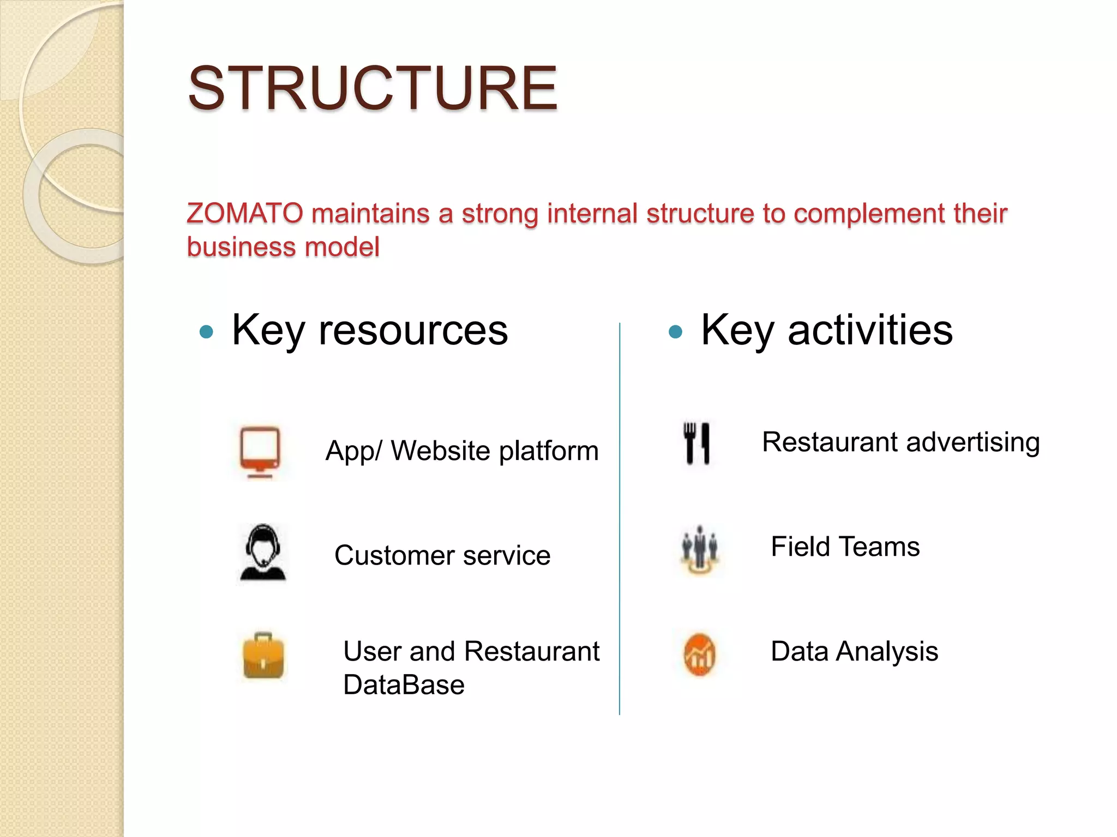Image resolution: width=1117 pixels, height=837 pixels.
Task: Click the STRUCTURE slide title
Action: click(x=373, y=88)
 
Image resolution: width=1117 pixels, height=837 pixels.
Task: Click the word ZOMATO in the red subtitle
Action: click(x=245, y=213)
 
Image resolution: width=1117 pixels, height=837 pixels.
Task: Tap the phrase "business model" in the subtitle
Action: click(x=283, y=247)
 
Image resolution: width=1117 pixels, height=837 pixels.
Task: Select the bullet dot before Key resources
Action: click(x=206, y=331)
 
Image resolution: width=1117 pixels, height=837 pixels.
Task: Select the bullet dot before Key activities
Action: click(x=675, y=331)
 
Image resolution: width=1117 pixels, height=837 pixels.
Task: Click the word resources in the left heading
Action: click(x=413, y=330)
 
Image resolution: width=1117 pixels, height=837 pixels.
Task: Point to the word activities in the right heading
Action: click(x=870, y=330)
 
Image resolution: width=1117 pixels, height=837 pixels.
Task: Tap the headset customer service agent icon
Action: click(x=263, y=553)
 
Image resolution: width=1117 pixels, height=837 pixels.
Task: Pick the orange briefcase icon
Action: click(x=263, y=656)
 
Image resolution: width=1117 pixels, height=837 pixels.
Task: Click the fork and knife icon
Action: click(x=697, y=443)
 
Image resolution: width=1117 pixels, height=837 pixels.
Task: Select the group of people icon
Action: click(x=700, y=549)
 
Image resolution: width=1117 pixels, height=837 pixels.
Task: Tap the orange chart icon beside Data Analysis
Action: click(x=700, y=654)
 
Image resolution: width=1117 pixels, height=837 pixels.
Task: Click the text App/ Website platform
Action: click(x=462, y=451)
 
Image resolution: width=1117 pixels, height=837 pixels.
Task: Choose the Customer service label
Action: click(x=442, y=556)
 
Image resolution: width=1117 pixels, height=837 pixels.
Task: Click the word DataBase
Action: click(x=404, y=685)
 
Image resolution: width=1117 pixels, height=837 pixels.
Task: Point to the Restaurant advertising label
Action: click(x=900, y=442)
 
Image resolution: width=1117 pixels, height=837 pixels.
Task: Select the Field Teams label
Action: click(x=845, y=547)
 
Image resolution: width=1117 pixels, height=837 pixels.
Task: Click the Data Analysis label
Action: click(x=854, y=651)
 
